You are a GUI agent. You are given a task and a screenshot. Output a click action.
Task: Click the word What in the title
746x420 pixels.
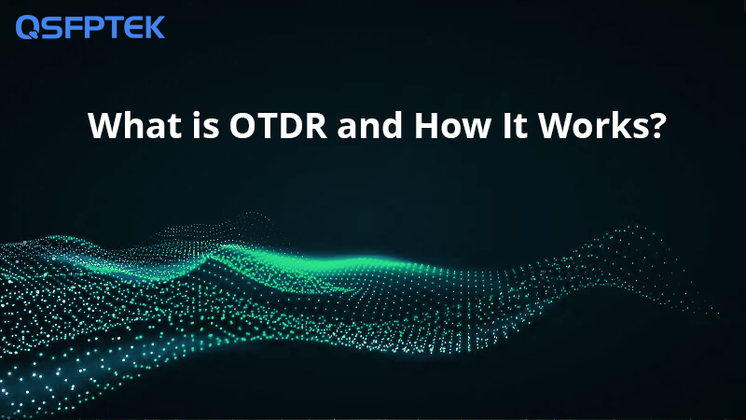pos(135,125)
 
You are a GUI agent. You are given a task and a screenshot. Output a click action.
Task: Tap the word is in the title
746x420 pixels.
pos(206,125)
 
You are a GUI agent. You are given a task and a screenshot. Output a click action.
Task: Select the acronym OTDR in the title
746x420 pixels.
pos(278,125)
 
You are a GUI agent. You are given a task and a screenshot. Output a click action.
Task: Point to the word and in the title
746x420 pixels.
pos(370,125)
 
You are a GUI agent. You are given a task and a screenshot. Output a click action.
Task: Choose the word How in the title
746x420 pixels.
pos(452,125)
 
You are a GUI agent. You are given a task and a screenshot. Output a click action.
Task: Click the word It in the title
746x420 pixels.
pos(516,125)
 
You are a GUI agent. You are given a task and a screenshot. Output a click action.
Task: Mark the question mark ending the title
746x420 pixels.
pos(657,125)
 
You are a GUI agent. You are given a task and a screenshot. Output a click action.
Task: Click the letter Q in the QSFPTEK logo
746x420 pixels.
pos(28,27)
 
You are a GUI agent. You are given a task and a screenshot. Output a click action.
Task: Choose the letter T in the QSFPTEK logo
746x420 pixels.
pos(109,27)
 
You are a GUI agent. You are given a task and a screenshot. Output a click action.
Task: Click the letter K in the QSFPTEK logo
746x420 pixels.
pos(153,27)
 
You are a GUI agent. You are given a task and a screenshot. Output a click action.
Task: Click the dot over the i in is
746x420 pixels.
pos(197,115)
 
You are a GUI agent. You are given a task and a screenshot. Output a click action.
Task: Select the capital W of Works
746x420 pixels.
pos(556,126)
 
